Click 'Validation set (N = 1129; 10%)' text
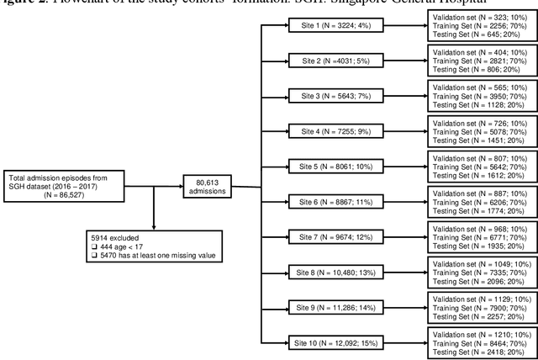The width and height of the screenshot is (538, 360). click(476, 296)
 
